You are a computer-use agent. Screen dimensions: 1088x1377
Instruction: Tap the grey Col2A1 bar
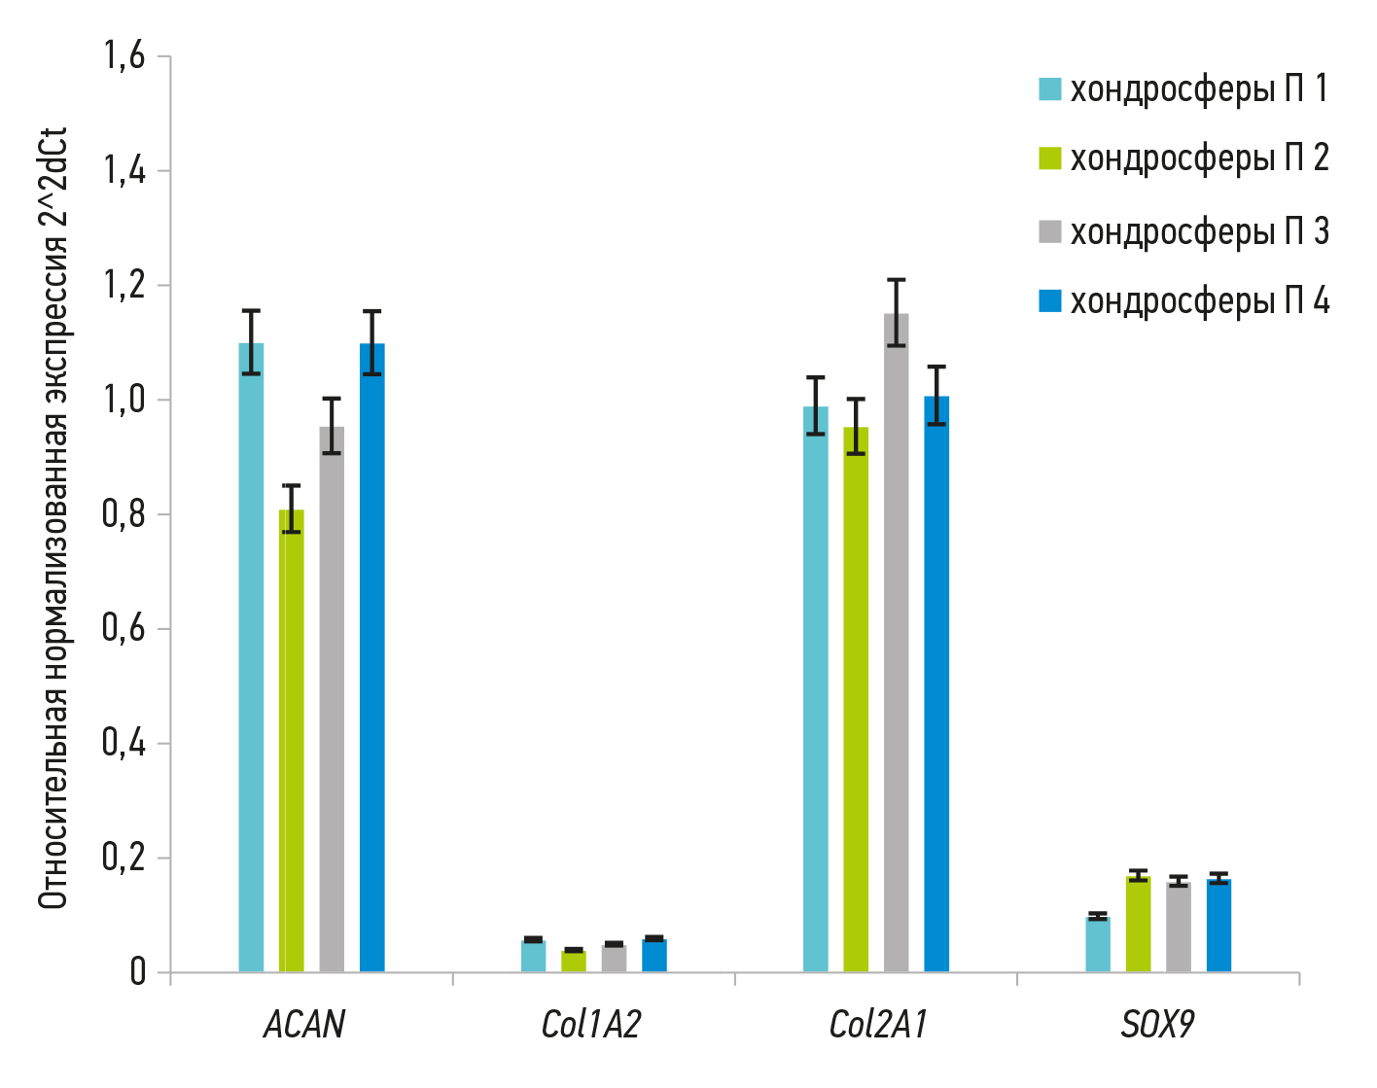(896, 643)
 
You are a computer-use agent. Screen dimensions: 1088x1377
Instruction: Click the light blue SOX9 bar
(1098, 944)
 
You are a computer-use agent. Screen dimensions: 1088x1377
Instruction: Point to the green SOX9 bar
(1138, 924)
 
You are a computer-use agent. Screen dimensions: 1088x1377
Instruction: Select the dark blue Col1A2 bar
(654, 955)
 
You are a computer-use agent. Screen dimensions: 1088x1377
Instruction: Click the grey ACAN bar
(332, 699)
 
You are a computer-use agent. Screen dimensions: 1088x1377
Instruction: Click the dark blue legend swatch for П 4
(1050, 301)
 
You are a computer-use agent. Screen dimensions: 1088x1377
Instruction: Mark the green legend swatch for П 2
(1050, 158)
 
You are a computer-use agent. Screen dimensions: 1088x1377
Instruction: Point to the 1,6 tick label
(124, 56)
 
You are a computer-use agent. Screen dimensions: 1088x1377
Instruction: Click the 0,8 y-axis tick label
(124, 514)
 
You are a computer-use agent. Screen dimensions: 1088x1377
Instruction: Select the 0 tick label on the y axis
(137, 972)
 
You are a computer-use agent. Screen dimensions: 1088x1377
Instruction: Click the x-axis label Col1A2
(591, 1025)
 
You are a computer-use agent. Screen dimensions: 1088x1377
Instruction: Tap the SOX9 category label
(1157, 1025)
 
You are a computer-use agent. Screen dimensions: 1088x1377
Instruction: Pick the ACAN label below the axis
(304, 1025)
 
